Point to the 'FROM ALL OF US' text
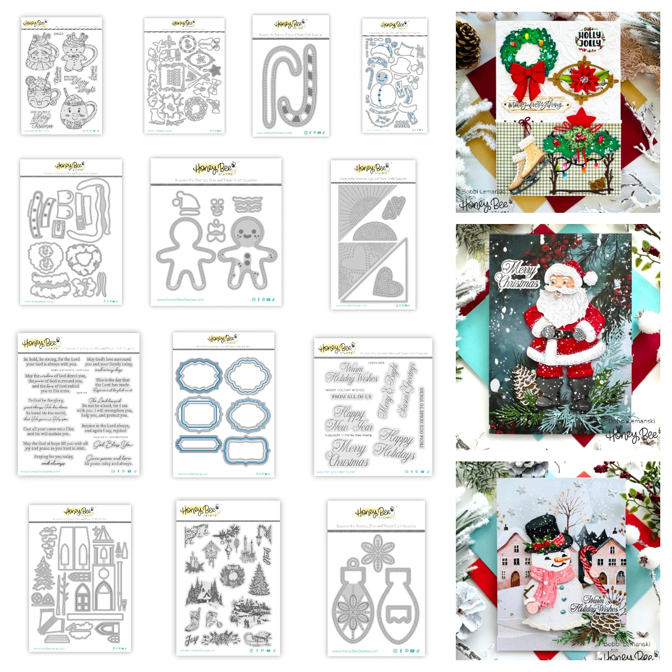(x=351, y=396)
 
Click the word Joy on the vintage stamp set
(x=192, y=639)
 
